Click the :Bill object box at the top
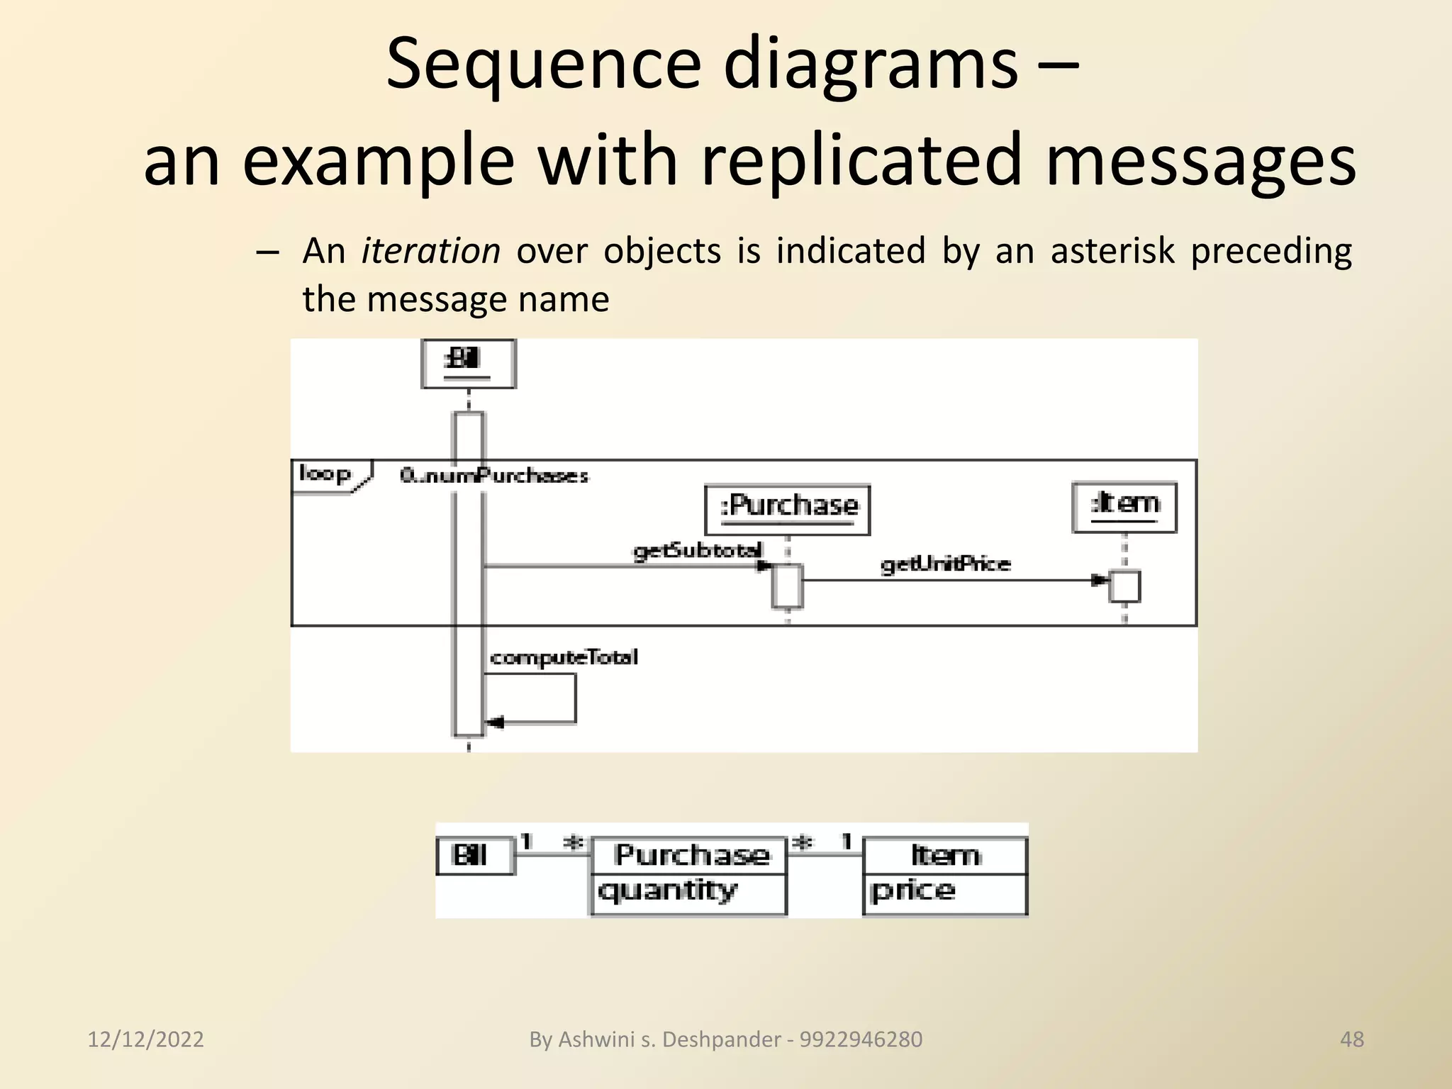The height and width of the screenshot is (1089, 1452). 468,363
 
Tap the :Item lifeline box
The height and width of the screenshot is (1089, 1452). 1124,506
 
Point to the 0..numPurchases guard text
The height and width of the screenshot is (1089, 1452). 494,475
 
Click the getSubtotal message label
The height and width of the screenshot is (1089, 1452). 698,550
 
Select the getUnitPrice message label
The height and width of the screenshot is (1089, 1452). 945,564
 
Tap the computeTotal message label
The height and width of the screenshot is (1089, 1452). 564,657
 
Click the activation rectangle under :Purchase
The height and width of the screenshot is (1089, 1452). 787,586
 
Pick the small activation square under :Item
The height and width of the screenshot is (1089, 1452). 1124,586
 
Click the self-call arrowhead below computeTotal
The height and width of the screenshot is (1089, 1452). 494,722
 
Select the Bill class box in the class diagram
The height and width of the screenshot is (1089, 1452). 474,856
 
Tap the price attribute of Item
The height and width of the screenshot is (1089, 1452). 913,890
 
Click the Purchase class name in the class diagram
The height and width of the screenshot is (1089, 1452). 691,855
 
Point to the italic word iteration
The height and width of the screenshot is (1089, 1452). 430,251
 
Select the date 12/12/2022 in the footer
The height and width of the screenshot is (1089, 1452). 145,1039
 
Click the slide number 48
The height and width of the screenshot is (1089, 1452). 1351,1039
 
